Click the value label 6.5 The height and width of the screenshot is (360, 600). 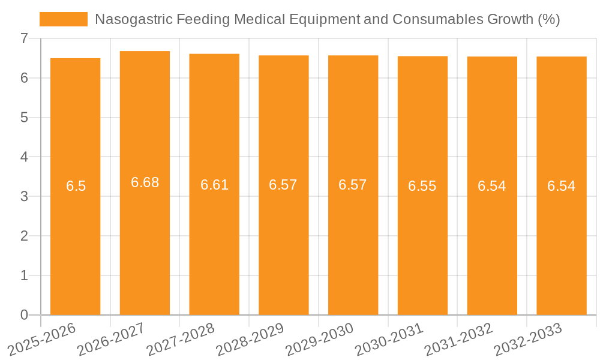76,186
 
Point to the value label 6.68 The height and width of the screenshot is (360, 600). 145,182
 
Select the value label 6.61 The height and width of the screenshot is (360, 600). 214,185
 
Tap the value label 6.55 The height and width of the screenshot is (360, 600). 422,186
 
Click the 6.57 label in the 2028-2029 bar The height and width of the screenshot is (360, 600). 283,185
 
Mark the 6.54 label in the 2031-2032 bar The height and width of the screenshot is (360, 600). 491,186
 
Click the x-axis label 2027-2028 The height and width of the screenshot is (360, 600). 181,339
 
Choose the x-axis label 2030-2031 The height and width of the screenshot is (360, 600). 389,339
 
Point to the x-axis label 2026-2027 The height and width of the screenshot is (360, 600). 112,339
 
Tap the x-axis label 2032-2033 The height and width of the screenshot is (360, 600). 528,339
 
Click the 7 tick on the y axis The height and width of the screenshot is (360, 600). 24,38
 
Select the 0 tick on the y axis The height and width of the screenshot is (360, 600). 24,315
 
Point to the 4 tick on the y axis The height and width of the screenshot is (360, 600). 24,157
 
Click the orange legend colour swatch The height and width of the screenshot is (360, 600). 63,19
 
